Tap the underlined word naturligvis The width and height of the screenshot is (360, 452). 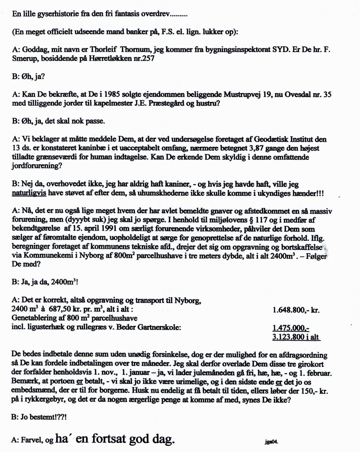point(29,193)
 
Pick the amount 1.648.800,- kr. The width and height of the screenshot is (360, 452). point(296,310)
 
